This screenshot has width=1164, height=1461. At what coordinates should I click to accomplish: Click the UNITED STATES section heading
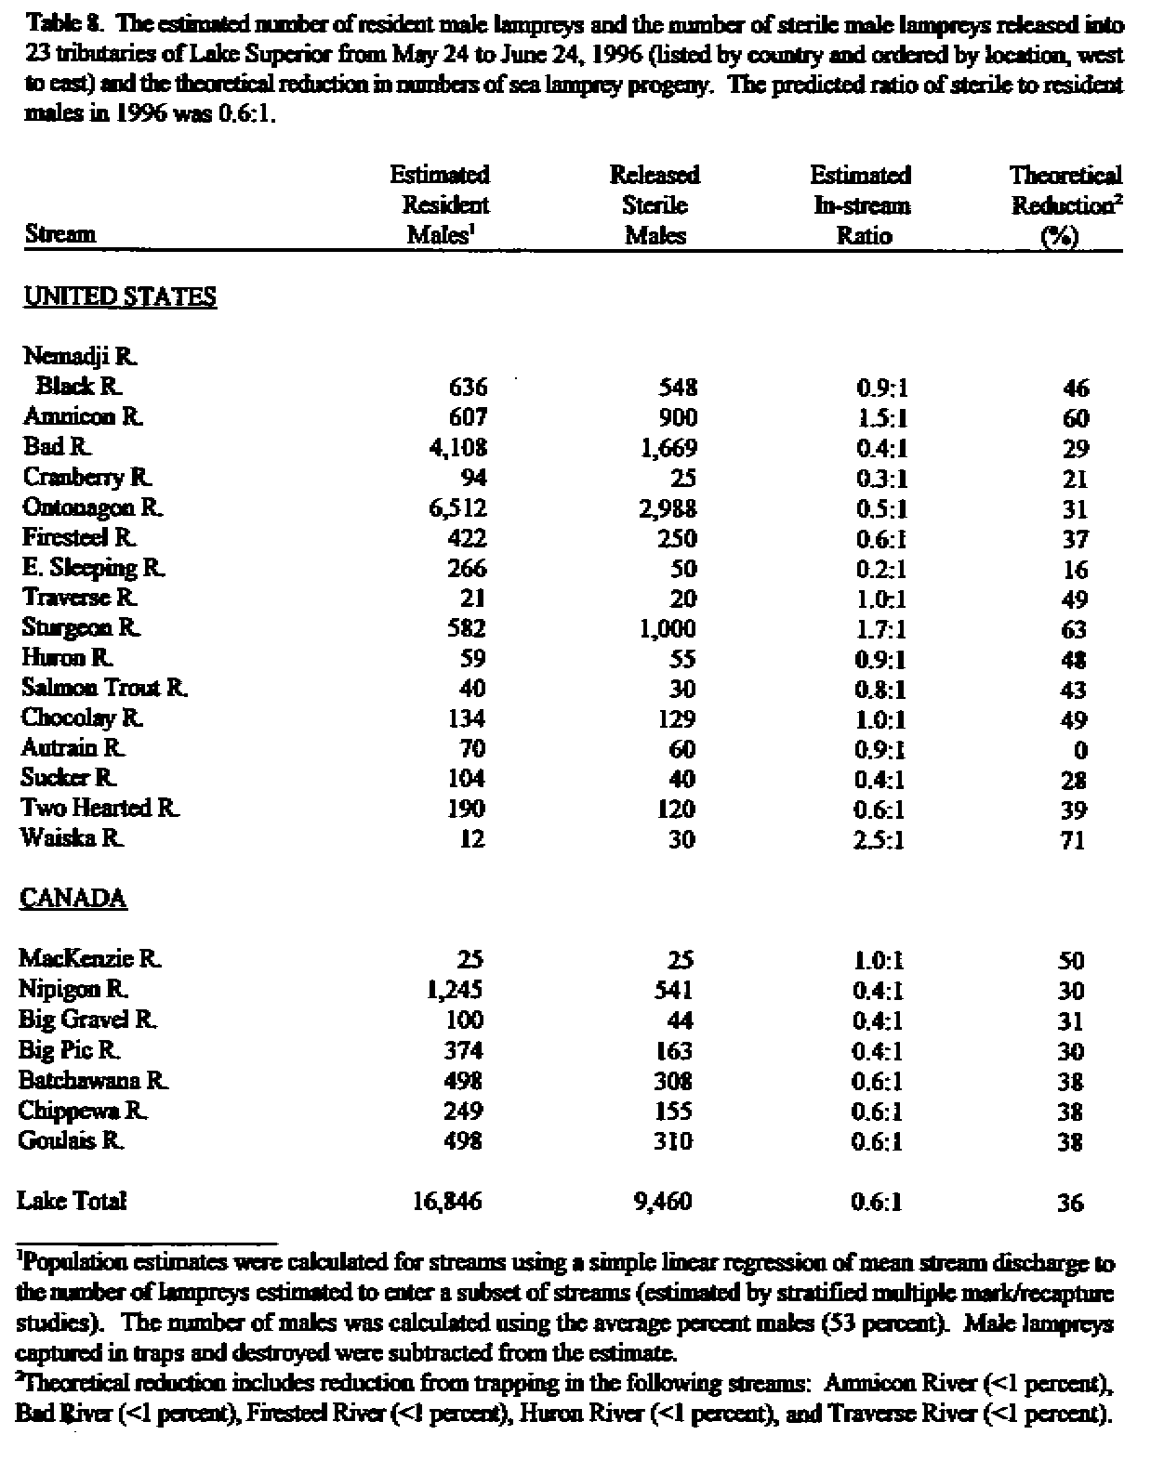[119, 297]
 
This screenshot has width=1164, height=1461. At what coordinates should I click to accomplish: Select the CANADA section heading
[73, 899]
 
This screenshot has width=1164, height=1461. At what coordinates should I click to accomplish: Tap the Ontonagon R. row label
[93, 508]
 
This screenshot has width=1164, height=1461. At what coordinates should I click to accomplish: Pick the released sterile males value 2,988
[667, 508]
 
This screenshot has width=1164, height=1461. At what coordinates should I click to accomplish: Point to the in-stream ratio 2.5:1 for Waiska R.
[879, 839]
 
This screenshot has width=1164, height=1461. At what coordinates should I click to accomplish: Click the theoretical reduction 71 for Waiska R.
[1072, 840]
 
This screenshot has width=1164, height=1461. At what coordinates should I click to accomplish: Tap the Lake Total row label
[72, 1201]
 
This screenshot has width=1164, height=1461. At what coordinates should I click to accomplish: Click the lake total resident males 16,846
[447, 1202]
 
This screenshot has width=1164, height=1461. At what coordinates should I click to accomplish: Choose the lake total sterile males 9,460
[662, 1202]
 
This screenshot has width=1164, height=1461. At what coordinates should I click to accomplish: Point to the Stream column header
[60, 234]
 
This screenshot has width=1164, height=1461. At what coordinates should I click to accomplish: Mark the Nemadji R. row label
[81, 356]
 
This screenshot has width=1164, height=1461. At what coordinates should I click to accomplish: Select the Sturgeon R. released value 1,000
[667, 629]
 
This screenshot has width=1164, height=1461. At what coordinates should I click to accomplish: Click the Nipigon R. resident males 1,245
[454, 990]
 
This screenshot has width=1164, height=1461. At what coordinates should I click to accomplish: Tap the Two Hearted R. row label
[100, 809]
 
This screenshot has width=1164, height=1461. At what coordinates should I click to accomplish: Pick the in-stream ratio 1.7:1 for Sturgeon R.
[879, 629]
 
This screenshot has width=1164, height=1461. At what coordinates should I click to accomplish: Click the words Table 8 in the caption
[57, 25]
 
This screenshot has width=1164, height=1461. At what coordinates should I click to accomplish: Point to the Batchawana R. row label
[94, 1081]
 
